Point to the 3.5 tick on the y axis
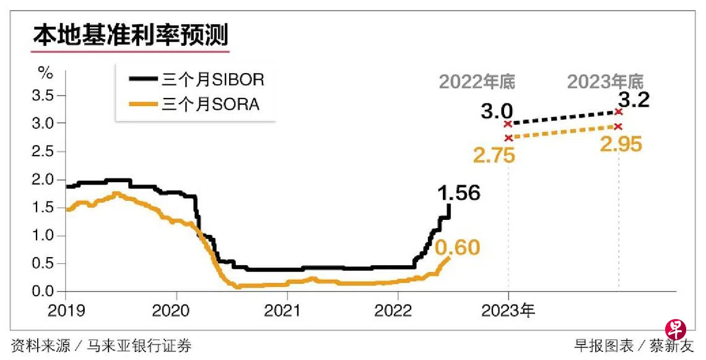[48, 95]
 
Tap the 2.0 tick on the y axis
[48, 180]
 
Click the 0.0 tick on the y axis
[48, 291]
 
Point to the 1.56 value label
[459, 193]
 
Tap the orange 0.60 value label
[458, 248]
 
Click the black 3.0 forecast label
[497, 112]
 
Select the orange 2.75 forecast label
[494, 156]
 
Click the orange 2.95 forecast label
[622, 145]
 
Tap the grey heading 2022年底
[477, 81]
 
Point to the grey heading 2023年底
[606, 81]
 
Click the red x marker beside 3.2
[618, 112]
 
